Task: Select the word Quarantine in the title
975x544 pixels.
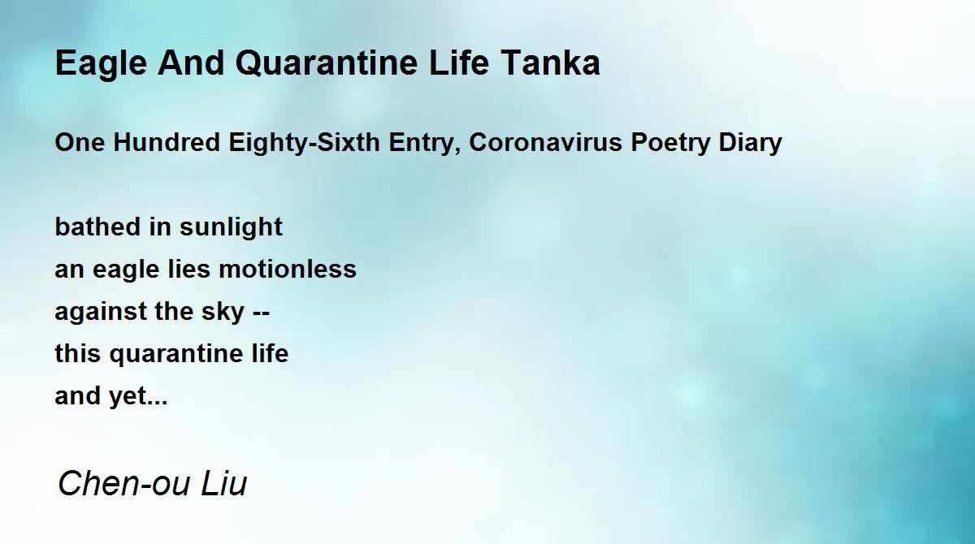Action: pyautogui.click(x=327, y=63)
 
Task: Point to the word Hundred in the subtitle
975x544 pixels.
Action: pyautogui.click(x=167, y=142)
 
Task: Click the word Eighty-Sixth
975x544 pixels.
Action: pyautogui.click(x=304, y=144)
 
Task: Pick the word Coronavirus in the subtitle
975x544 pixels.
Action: pyautogui.click(x=546, y=142)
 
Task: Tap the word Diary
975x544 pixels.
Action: pyautogui.click(x=750, y=144)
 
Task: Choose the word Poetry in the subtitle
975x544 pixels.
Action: pyautogui.click(x=670, y=144)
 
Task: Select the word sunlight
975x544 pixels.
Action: pyautogui.click(x=231, y=228)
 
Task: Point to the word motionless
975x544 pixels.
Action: pyautogui.click(x=288, y=269)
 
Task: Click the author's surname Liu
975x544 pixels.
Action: pyautogui.click(x=223, y=482)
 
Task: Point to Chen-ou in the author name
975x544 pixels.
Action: pyautogui.click(x=124, y=482)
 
